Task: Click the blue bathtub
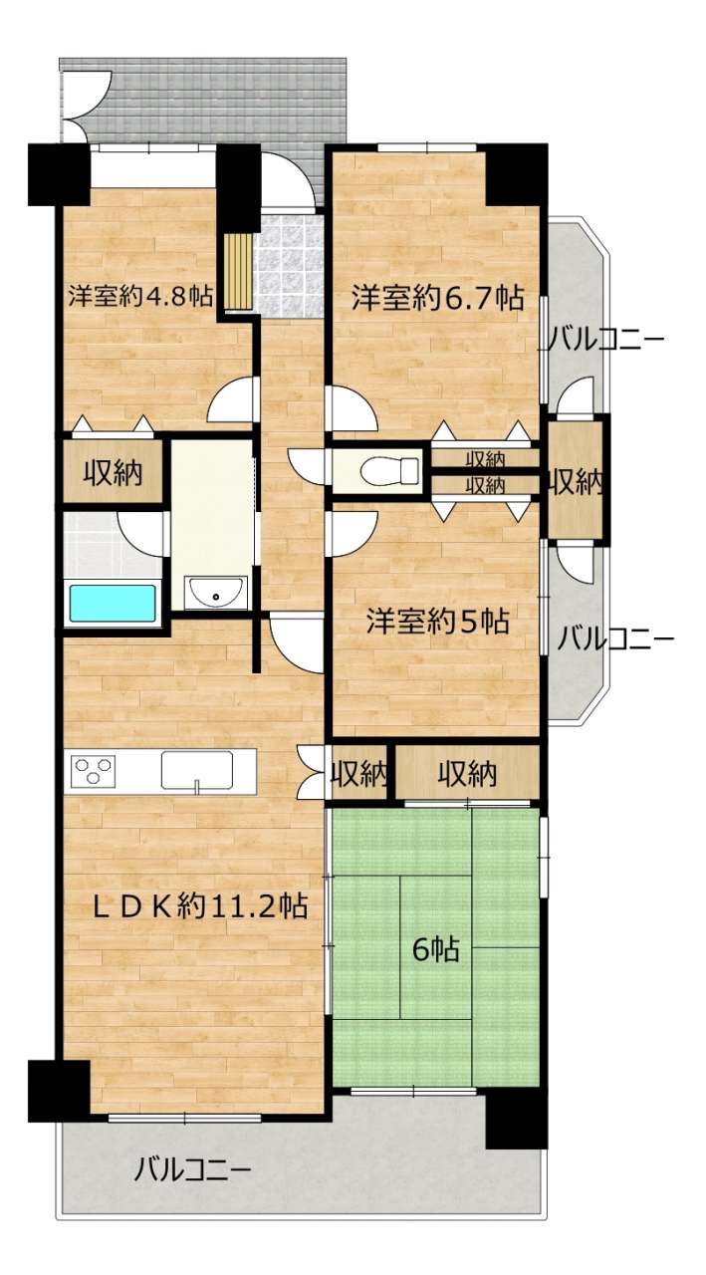coord(113,604)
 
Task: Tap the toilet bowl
coord(390,470)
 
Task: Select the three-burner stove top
coord(93,772)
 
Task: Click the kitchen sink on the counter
coord(197,772)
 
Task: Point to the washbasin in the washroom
coord(216,593)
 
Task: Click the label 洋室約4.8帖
coord(141,297)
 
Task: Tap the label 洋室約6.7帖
coord(437,298)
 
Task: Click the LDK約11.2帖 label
coord(200,905)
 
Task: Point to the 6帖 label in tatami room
coord(436,949)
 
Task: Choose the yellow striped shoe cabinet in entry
coord(238,270)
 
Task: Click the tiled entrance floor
coord(289,265)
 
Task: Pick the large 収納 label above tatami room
coord(467,774)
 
